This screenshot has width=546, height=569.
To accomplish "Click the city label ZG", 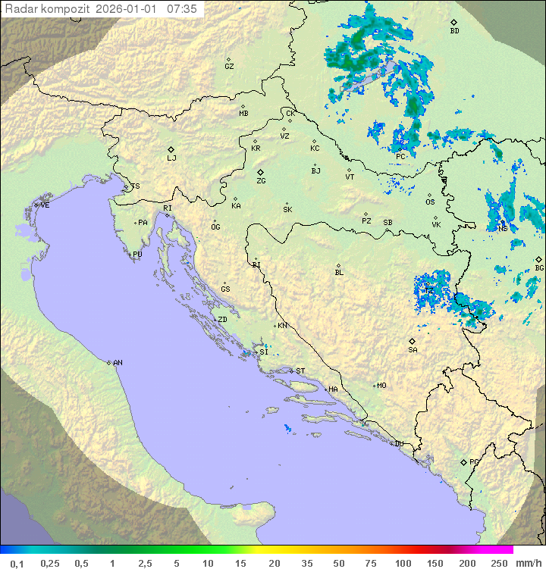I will (261, 181).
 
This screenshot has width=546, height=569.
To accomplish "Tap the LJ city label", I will (171, 158).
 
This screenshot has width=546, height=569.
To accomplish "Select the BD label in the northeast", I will (454, 31).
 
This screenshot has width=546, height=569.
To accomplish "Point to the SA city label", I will (413, 350).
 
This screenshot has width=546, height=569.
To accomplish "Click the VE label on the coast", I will (45, 205).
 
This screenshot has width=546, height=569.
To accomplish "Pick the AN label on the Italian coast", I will (118, 363).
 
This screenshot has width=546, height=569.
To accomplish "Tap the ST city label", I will (300, 371).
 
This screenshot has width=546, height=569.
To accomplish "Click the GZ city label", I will (229, 67).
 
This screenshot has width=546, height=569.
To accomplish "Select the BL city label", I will (339, 272).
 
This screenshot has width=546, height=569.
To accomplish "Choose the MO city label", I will (381, 385).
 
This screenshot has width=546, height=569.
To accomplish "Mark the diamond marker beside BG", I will (538, 259).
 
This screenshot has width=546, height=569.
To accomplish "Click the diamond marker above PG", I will (464, 461).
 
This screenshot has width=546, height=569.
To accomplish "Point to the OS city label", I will (430, 202).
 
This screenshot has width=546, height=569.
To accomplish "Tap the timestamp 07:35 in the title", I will (182, 9).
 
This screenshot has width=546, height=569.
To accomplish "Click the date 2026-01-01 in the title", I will (129, 9).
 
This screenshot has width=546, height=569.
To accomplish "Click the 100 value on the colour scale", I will (403, 563).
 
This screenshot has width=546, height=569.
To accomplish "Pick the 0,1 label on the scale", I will (17, 563).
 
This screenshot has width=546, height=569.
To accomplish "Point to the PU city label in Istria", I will (137, 255).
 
